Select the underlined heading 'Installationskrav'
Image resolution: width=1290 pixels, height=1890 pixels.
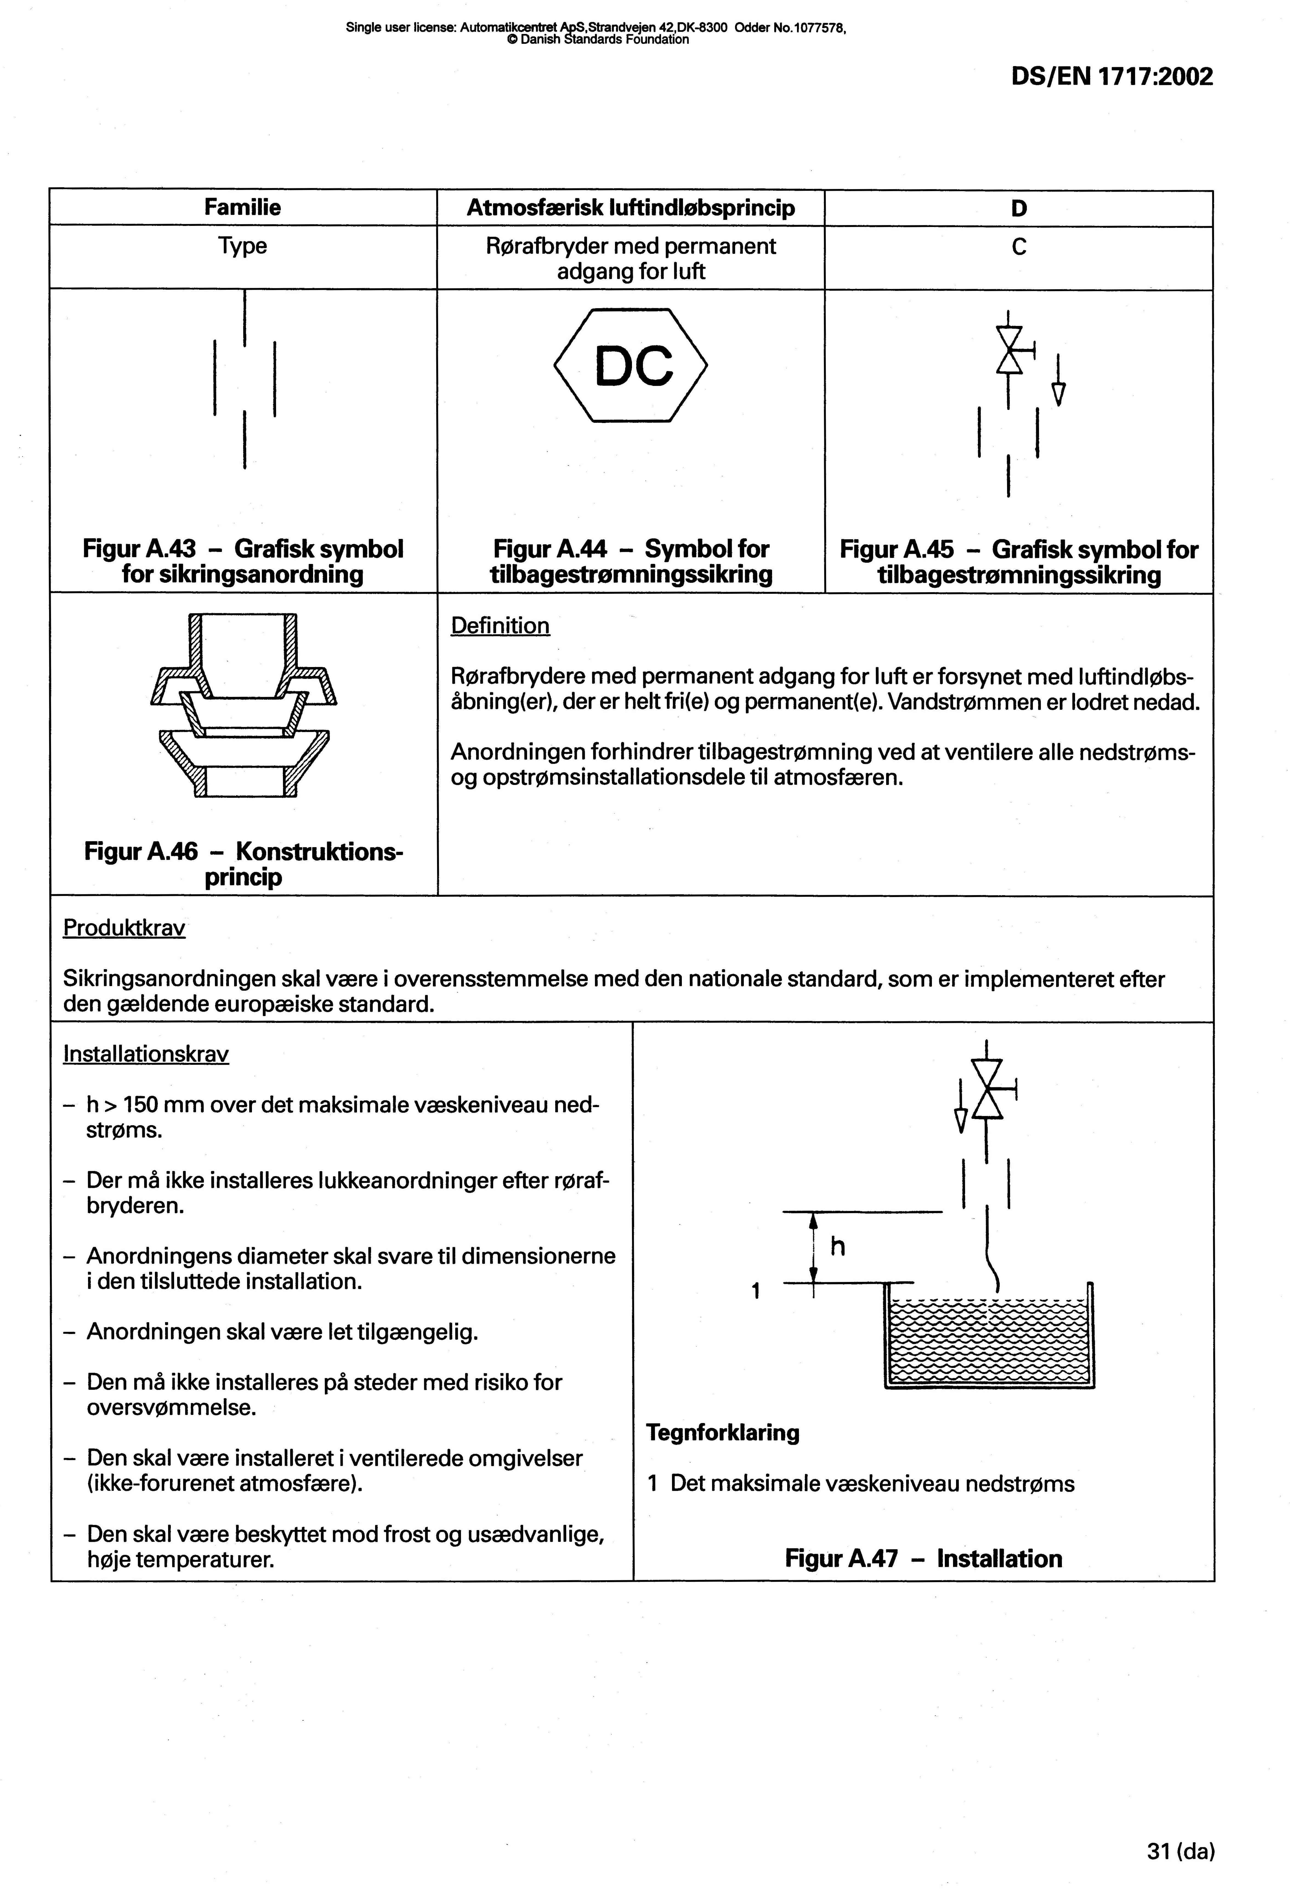146,1054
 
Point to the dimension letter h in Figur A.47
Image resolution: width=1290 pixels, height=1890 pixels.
838,1246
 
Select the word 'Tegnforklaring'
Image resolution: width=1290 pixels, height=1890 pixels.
722,1432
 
